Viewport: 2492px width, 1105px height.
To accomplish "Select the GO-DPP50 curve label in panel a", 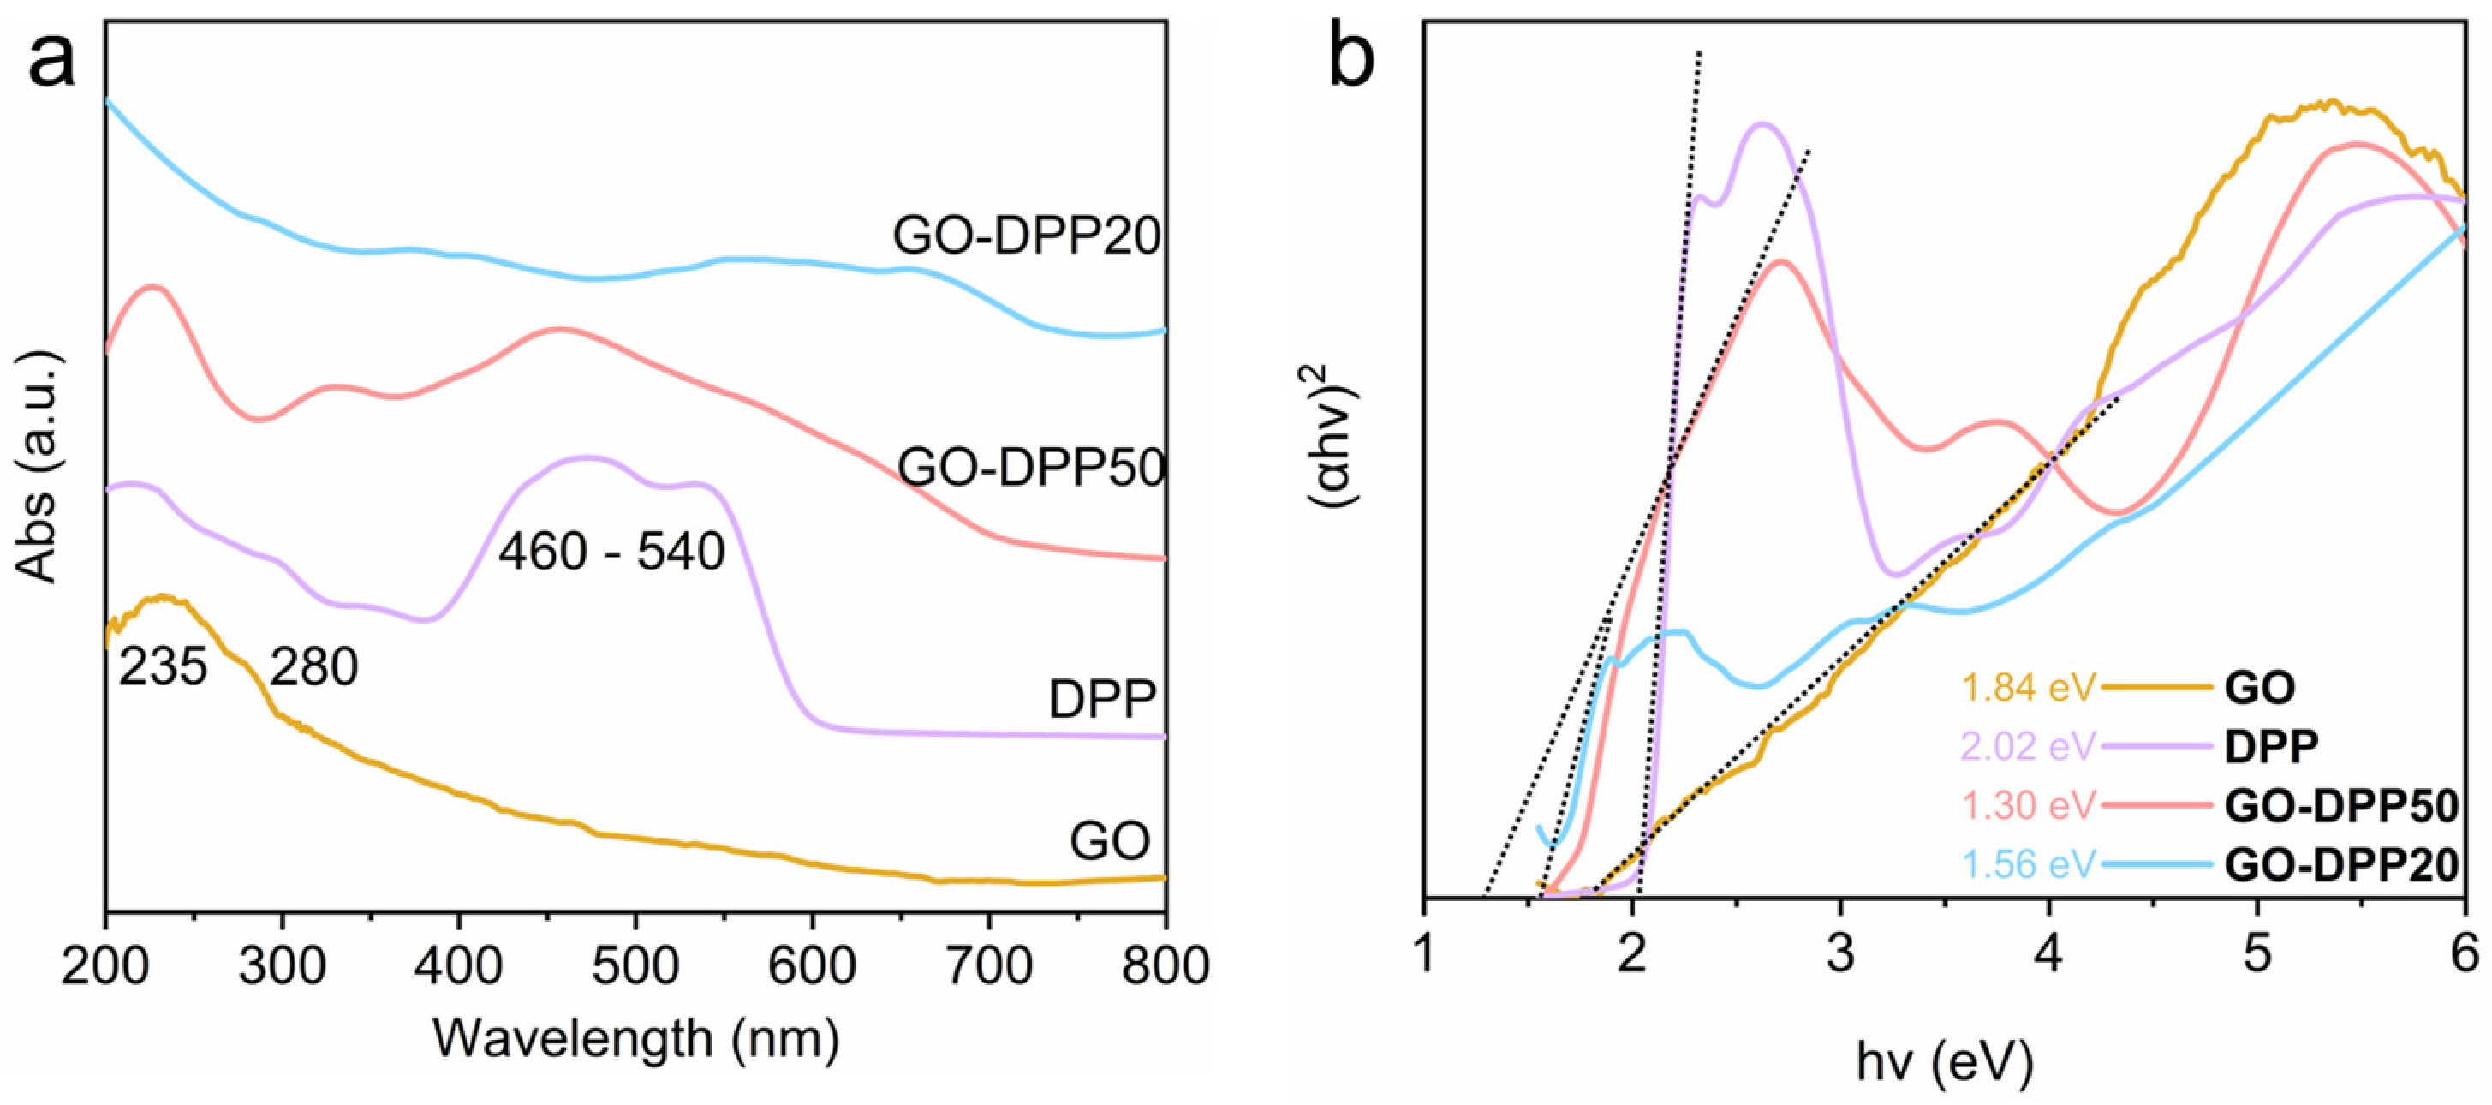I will click(x=1030, y=469).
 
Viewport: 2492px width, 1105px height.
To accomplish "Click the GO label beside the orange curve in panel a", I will click(x=1110, y=841).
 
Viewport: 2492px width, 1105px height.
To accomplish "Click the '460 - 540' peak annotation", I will click(x=611, y=552).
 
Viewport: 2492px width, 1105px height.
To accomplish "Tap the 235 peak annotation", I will click(x=163, y=666).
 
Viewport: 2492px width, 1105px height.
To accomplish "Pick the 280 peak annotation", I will click(x=313, y=666).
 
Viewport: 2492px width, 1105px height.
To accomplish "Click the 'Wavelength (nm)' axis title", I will click(x=635, y=1040).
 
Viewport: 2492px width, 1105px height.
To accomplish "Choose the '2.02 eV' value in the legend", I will click(x=2028, y=746).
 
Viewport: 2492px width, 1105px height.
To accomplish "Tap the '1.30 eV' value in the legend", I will click(x=2028, y=805).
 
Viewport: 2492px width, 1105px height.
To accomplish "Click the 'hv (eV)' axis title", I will click(x=1945, y=1062).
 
